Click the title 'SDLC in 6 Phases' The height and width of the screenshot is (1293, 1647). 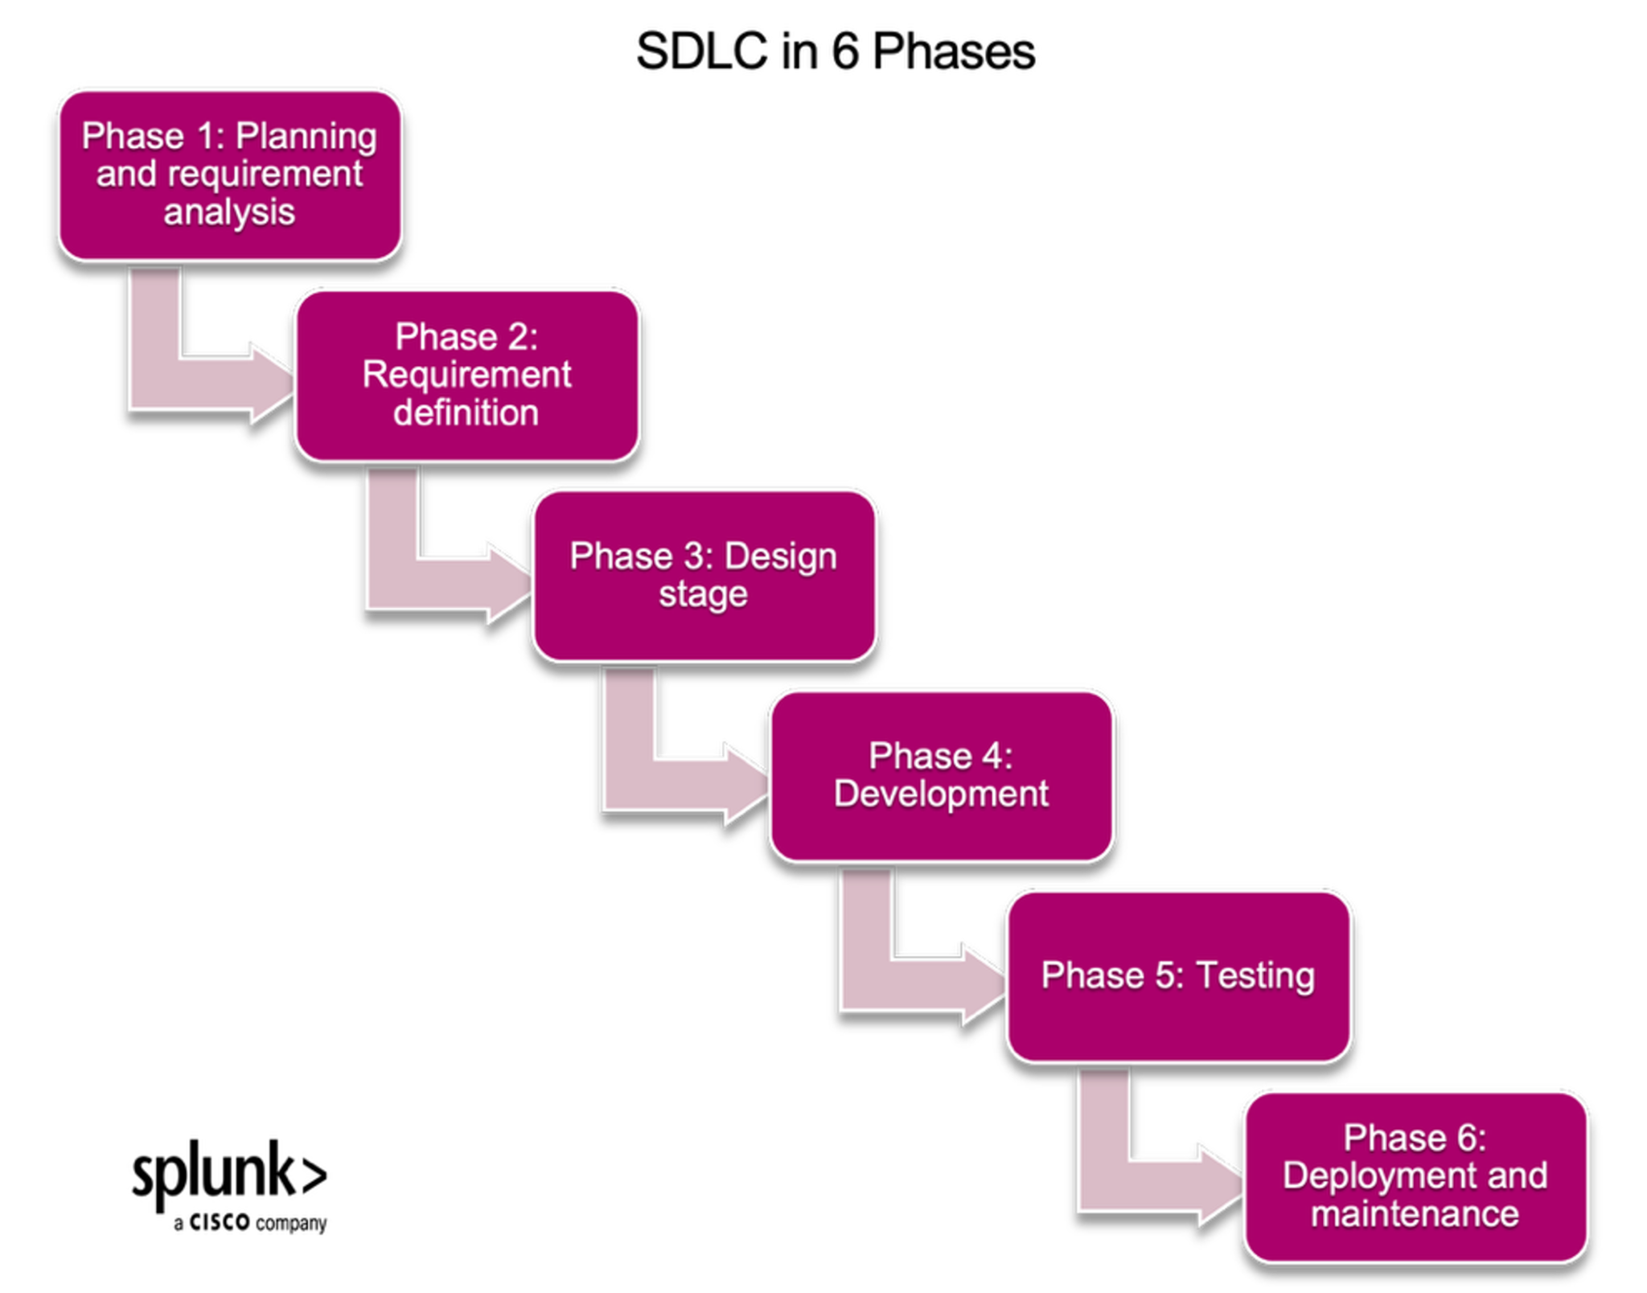coord(835,51)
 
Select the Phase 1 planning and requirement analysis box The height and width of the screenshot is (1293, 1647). coord(230,175)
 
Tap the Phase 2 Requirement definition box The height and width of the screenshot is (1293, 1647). coord(467,376)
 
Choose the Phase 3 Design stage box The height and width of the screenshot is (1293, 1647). coord(704,576)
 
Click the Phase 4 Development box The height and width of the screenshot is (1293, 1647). coord(942,776)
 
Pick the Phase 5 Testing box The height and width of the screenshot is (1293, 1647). coord(1179,976)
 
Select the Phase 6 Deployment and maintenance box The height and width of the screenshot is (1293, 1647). coord(1416,1176)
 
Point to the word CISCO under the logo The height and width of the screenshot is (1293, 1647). coord(220,1222)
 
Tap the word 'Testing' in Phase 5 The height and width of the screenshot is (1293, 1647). coord(1255,976)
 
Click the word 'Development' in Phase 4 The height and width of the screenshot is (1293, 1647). coord(941,794)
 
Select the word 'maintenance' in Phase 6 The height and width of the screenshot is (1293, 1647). coord(1415,1214)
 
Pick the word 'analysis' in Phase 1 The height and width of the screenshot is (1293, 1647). coord(229,213)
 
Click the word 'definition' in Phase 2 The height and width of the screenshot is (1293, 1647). coord(466,413)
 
